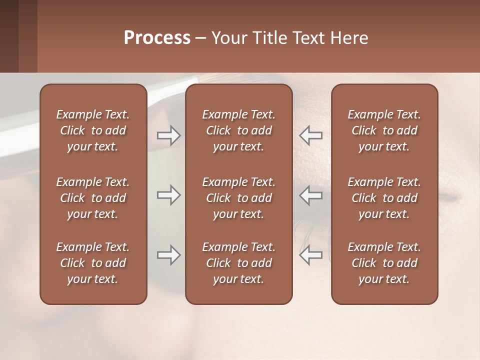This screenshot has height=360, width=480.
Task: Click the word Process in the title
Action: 157,38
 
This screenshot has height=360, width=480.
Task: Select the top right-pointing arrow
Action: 169,135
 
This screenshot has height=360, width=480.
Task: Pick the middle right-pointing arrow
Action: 169,195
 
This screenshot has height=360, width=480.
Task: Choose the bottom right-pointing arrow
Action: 169,255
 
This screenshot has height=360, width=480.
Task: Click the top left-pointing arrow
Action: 310,135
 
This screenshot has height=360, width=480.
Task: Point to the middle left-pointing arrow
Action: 310,195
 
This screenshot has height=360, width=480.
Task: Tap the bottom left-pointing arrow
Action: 310,255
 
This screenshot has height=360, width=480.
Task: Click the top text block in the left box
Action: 93,130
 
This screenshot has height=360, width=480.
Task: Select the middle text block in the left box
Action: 93,198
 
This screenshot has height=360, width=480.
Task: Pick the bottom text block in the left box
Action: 93,263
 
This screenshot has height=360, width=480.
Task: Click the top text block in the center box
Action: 239,130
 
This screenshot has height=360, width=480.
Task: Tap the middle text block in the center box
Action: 239,198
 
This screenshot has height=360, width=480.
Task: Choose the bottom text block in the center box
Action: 239,263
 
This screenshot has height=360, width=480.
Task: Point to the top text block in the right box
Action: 384,130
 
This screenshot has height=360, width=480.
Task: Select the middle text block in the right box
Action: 384,198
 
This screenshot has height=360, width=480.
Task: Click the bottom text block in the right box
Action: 384,263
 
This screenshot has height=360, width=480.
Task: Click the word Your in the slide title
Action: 228,38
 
